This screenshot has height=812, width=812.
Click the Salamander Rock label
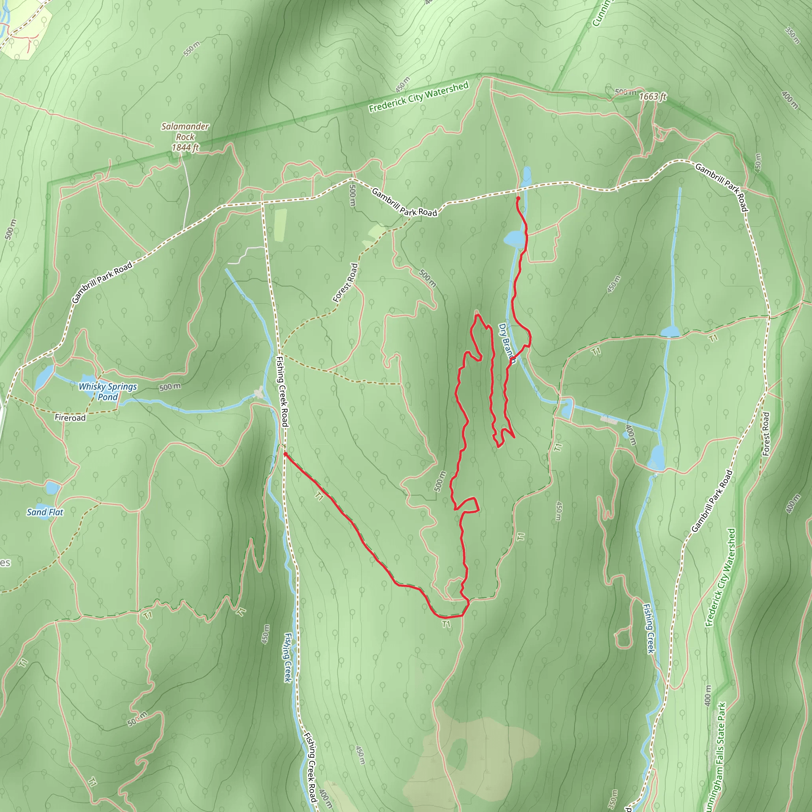click(x=185, y=131)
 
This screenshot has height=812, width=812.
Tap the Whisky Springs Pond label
click(x=108, y=391)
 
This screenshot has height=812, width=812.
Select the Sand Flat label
click(x=45, y=512)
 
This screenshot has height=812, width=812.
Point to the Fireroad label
click(x=70, y=417)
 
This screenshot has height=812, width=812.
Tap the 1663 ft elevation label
click(x=652, y=97)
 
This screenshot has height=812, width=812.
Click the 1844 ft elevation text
click(x=185, y=147)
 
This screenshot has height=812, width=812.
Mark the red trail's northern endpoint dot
click(x=518, y=198)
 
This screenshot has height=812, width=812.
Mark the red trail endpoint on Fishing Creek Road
click(x=285, y=454)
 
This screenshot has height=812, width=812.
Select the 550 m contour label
click(x=192, y=49)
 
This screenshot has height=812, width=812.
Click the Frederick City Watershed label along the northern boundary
click(x=419, y=97)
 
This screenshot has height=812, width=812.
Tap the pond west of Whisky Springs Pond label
click(x=44, y=377)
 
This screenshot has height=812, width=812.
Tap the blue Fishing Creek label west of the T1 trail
click(x=288, y=657)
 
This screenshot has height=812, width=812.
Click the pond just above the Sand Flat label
click(x=52, y=488)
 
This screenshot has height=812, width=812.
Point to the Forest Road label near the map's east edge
click(x=766, y=434)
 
